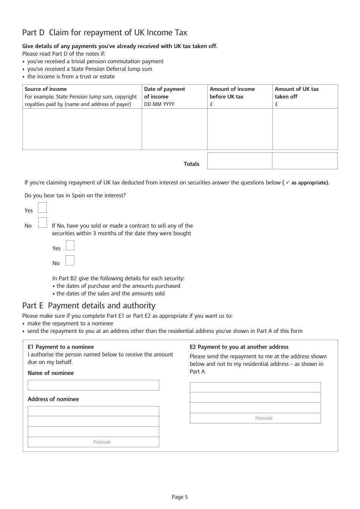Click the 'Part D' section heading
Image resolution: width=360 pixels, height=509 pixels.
tap(105, 33)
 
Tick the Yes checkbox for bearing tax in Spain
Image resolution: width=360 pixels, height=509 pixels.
tap(42, 208)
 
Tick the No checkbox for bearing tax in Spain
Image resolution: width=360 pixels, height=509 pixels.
tap(42, 223)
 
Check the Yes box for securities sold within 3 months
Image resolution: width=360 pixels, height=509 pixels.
tap(70, 245)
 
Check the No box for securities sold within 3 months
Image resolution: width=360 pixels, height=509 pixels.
tap(70, 261)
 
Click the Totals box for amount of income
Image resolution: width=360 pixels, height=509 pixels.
tap(239, 161)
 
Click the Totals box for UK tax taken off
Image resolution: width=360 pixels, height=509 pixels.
tap(305, 161)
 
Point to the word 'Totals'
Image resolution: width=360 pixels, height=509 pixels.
tap(191, 164)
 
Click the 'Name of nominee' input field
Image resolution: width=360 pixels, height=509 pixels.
tap(93, 385)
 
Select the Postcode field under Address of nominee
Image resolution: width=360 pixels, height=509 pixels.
tap(93, 442)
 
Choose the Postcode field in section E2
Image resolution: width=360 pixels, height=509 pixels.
tap(255, 418)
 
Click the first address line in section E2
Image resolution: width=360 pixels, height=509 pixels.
tap(255, 387)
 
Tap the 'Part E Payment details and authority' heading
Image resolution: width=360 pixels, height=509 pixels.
tap(89, 306)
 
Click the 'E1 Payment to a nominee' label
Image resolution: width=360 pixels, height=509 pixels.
tap(61, 347)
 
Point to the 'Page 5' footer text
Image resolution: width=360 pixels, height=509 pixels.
tap(180, 497)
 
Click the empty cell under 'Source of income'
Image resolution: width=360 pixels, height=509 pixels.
tap(82, 129)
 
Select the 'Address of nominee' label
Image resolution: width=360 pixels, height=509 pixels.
tap(53, 399)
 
